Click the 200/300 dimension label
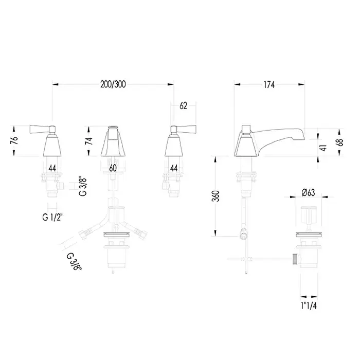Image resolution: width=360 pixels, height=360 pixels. pos(113,84)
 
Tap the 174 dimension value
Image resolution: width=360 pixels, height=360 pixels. pos(269,85)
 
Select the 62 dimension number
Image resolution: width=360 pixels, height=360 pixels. pos(183,106)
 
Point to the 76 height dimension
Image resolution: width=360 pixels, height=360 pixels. pos(14,141)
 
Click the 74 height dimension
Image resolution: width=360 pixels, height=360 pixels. pos(89,141)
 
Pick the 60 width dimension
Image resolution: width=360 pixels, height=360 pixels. pos(113,168)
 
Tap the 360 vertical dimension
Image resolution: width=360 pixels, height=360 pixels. pos(215,196)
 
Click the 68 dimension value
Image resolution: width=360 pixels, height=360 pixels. pos(340,142)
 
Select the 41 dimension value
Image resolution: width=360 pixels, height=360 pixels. pos(323,148)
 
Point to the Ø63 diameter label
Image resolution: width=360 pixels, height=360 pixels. pos(308,193)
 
